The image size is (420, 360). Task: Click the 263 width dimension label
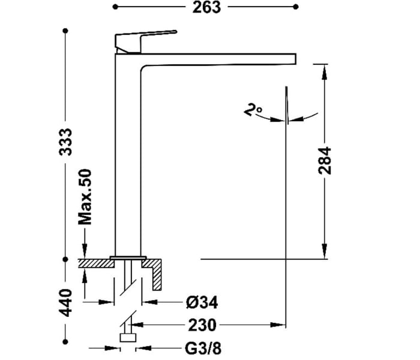pyautogui.click(x=206, y=7)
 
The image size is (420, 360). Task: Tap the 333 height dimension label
pyautogui.click(x=65, y=142)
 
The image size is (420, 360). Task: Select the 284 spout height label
pyautogui.click(x=325, y=161)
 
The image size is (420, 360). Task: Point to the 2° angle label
pyautogui.click(x=253, y=109)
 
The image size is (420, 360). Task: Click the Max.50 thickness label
pyautogui.click(x=85, y=197)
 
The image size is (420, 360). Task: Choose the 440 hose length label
pyautogui.click(x=65, y=302)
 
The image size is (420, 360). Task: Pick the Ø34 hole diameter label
pyautogui.click(x=202, y=302)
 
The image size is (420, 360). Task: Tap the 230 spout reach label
pyautogui.click(x=202, y=325)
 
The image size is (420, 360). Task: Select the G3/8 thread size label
pyautogui.click(x=203, y=349)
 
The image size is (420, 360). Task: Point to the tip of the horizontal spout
pyautogui.click(x=295, y=59)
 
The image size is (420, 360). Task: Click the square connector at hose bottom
pyautogui.click(x=128, y=338)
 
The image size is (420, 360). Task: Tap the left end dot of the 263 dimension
pyautogui.click(x=115, y=7)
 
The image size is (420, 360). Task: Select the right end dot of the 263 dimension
pyautogui.click(x=296, y=7)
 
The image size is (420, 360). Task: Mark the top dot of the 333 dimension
pyautogui.click(x=65, y=31)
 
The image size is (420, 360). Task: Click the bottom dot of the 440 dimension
pyautogui.click(x=65, y=342)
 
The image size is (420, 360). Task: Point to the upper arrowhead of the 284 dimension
pyautogui.click(x=325, y=72)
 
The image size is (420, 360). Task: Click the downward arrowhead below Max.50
pyautogui.click(x=85, y=251)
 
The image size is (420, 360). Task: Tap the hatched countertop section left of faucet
pyautogui.click(x=96, y=263)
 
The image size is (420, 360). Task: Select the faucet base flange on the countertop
pyautogui.click(x=128, y=258)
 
